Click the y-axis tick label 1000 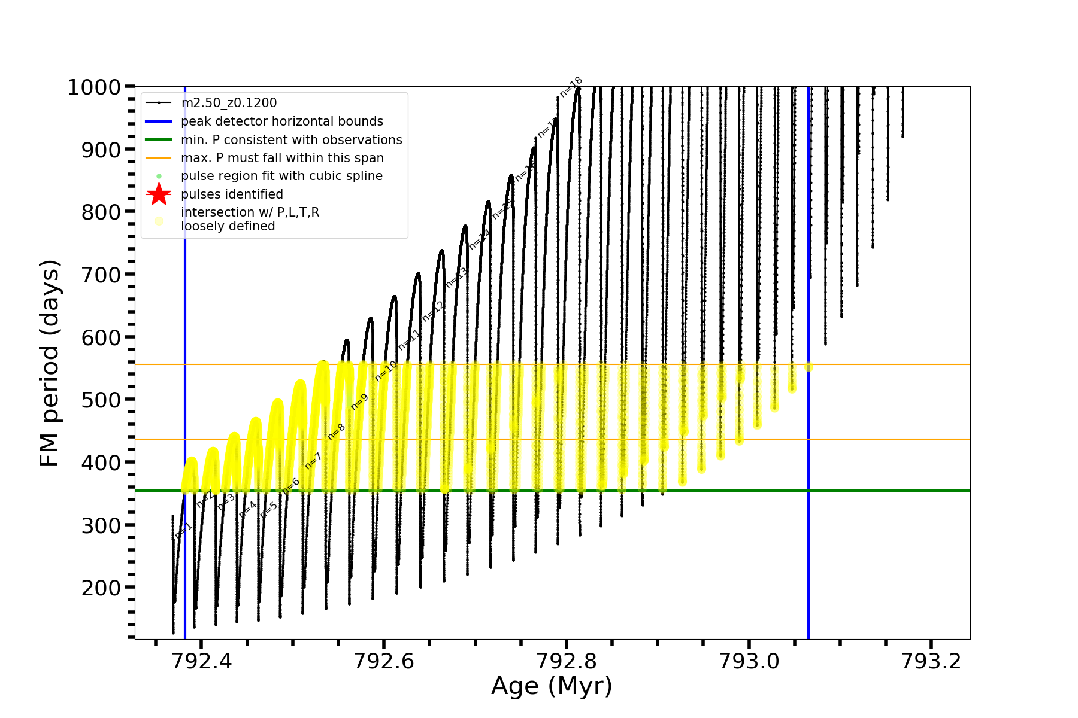tap(94, 87)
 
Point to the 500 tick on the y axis tap(101, 400)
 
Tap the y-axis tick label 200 tap(101, 588)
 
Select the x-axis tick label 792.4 tap(201, 661)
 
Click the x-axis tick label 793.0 tap(749, 661)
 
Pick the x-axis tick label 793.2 tap(931, 661)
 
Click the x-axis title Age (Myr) tap(552, 686)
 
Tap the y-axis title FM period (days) tap(50, 363)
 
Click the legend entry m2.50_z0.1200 tap(229, 103)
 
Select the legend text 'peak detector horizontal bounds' tap(281, 121)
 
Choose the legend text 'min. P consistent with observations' tap(291, 140)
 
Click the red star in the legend tap(159, 194)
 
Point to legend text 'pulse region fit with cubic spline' tap(281, 176)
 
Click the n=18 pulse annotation tap(571, 87)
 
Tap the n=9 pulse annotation tap(359, 402)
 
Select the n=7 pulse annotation tap(313, 461)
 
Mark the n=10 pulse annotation tap(386, 371)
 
